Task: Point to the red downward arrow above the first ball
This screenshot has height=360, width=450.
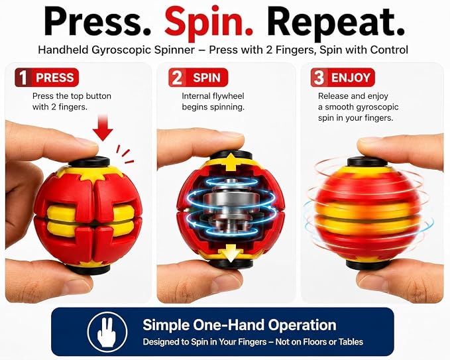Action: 103,127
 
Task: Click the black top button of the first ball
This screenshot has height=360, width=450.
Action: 89,161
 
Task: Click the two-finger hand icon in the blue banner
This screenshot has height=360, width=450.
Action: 107,332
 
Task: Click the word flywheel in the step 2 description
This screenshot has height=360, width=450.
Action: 229,96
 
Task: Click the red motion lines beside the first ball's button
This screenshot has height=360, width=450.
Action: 125,154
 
